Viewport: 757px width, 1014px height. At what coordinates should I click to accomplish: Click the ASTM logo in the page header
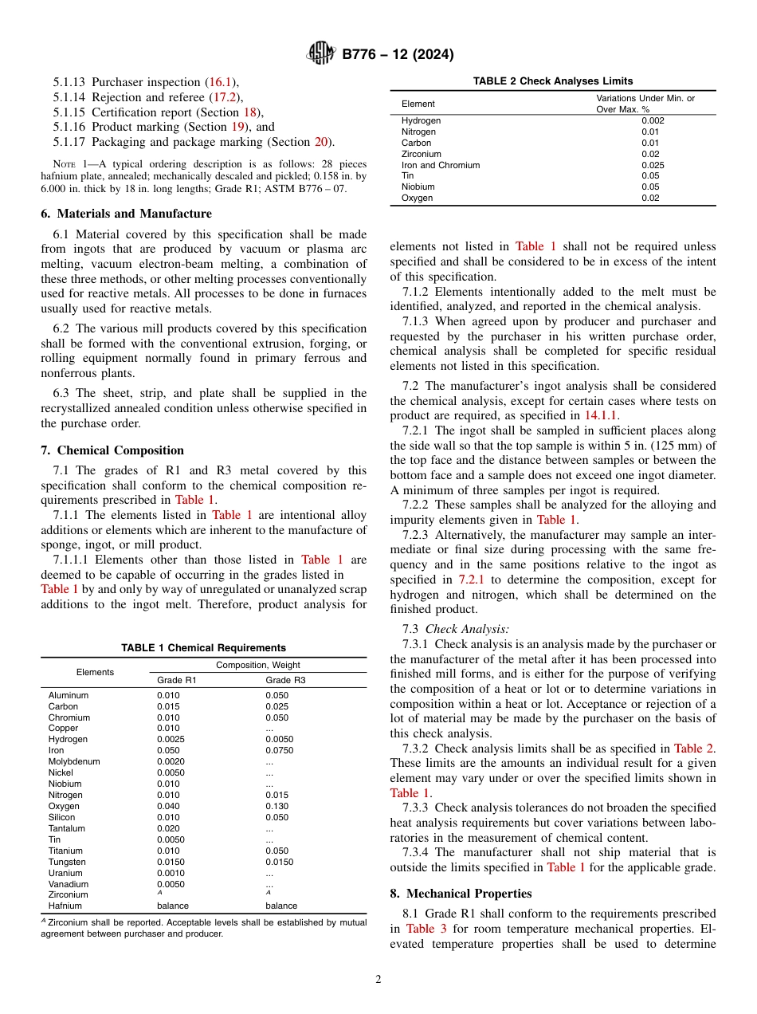[321, 54]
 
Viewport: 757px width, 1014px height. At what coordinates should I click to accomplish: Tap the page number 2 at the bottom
[378, 980]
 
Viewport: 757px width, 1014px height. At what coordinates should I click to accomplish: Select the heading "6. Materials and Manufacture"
[127, 214]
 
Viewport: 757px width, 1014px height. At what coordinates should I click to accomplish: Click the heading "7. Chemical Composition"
[112, 450]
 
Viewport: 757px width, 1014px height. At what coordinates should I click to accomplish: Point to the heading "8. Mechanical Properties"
[461, 894]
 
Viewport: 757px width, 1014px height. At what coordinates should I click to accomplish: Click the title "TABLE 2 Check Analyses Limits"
[553, 81]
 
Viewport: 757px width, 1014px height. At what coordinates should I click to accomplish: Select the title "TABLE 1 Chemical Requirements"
[203, 648]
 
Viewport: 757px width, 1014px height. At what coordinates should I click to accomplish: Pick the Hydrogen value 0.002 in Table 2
[653, 120]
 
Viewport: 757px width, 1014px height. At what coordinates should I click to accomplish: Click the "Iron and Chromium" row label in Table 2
[441, 165]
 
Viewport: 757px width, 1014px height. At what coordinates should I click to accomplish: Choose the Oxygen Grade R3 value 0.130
[277, 806]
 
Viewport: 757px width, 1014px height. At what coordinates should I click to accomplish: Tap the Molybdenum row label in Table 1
[74, 761]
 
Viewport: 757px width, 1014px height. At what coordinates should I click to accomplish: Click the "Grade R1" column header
[176, 680]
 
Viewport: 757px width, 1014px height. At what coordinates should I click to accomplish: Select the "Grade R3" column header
[285, 680]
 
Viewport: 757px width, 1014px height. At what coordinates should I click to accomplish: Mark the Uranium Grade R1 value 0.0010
[171, 873]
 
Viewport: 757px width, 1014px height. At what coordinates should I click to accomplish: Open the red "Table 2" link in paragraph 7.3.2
[693, 749]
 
